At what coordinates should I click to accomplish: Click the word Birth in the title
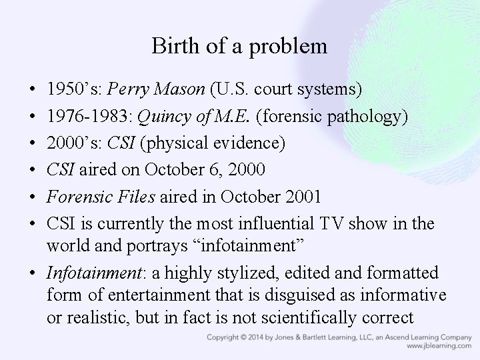[x=169, y=47]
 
